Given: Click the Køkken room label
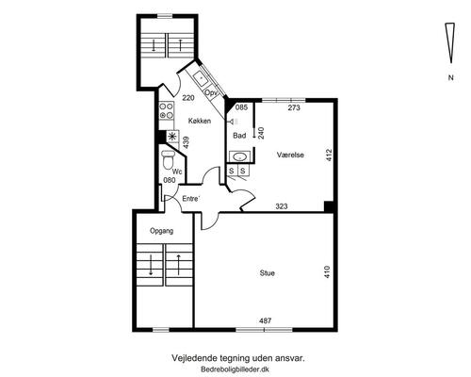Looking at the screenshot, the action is (200, 121).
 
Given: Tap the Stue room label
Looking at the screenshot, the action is (268, 273).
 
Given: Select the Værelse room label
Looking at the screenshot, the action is (290, 155).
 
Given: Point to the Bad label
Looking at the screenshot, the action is (239, 136).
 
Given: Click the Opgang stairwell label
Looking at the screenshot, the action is (161, 231).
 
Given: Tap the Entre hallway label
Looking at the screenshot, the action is (191, 199).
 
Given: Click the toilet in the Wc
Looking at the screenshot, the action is (168, 159).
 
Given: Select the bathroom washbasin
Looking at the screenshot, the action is (240, 156).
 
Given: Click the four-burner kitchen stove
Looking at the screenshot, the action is (166, 111).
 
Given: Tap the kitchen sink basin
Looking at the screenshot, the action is (200, 78).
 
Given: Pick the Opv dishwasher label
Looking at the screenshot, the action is (210, 92).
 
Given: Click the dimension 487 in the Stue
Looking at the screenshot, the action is (266, 320).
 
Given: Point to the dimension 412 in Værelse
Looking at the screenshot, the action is (329, 155).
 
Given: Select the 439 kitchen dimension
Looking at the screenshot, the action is (186, 142).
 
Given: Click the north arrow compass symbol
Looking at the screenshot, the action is (450, 43).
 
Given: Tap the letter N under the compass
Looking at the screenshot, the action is (450, 77).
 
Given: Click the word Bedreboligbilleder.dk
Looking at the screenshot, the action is (235, 369).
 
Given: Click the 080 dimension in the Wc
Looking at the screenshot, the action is (170, 180).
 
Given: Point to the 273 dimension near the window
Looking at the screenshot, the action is (294, 107).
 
